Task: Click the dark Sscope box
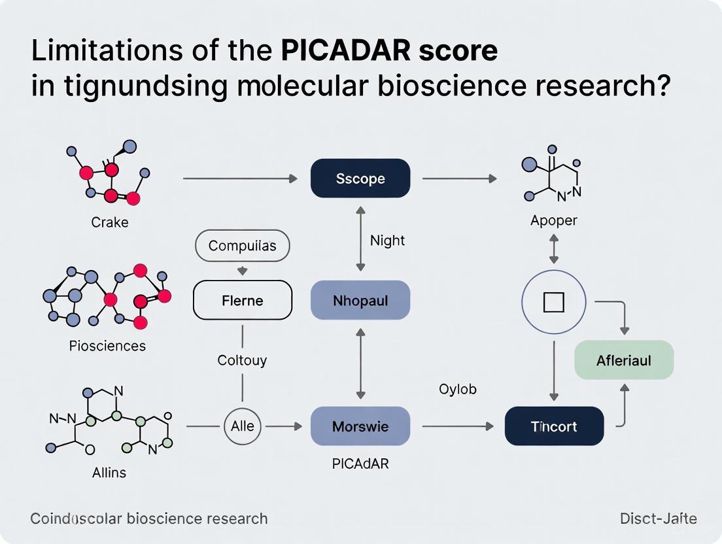(x=360, y=178)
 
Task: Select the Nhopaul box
(x=360, y=301)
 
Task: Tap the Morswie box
(x=360, y=426)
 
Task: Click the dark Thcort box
(x=554, y=426)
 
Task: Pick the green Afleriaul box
(x=623, y=360)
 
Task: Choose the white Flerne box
(x=242, y=301)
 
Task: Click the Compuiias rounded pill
(x=242, y=246)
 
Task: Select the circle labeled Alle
(x=243, y=426)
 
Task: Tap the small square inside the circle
(x=554, y=302)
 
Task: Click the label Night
(x=387, y=240)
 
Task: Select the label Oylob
(x=457, y=389)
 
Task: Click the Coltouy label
(x=242, y=360)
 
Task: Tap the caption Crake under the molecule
(x=110, y=222)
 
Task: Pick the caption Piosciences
(x=107, y=345)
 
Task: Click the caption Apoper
(x=553, y=221)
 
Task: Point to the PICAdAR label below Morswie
(x=360, y=464)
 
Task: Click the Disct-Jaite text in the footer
(x=658, y=519)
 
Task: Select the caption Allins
(x=109, y=472)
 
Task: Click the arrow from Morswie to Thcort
(x=458, y=426)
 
